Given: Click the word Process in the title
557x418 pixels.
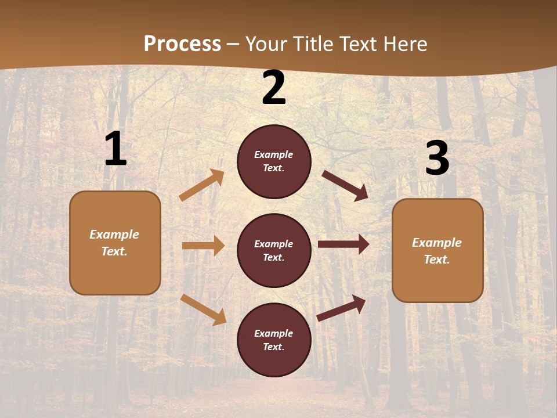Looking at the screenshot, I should pyautogui.click(x=182, y=44).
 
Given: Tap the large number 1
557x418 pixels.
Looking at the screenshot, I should pyautogui.click(x=115, y=149).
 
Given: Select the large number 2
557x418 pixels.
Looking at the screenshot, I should pyautogui.click(x=274, y=88).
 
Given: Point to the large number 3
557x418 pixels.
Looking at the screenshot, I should pyautogui.click(x=437, y=158).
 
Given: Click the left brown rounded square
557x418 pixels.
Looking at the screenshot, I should pyautogui.click(x=115, y=243).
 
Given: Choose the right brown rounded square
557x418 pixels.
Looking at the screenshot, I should pyautogui.click(x=437, y=250).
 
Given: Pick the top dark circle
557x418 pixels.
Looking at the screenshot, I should pyautogui.click(x=274, y=161).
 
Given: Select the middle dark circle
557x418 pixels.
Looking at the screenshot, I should pyautogui.click(x=274, y=250).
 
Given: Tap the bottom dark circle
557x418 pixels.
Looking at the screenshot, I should pyautogui.click(x=274, y=340).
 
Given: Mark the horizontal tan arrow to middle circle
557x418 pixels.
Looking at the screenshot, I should pyautogui.click(x=203, y=246).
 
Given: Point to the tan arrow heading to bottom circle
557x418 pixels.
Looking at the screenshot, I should pyautogui.click(x=203, y=309).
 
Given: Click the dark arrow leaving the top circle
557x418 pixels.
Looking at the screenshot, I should pyautogui.click(x=345, y=185).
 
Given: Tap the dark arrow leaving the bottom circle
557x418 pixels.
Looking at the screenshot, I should pyautogui.click(x=341, y=308).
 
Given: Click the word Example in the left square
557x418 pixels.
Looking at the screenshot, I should pyautogui.click(x=114, y=235).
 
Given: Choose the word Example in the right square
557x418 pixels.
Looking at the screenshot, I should pyautogui.click(x=437, y=243).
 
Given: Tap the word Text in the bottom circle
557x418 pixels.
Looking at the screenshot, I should pyautogui.click(x=273, y=347).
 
